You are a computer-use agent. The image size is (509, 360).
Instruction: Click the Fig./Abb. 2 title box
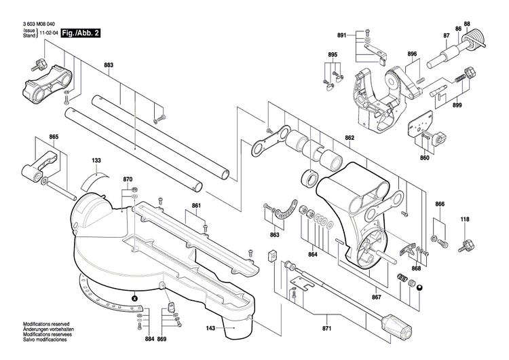[x=80, y=33]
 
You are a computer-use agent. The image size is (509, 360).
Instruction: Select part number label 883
[x=109, y=65]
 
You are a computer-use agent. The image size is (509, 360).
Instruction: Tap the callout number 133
[x=96, y=161]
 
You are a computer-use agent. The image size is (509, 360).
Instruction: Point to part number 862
[x=350, y=138]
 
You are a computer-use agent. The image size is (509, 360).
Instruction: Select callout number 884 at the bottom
[x=149, y=338]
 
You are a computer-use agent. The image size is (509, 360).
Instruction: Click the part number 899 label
[x=457, y=105]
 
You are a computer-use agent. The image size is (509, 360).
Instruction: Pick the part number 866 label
[x=440, y=204]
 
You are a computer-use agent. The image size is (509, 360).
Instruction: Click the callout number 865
[x=54, y=138]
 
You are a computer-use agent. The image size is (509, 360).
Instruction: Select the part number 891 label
[x=341, y=35]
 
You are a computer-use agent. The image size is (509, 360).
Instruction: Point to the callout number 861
[x=196, y=205]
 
